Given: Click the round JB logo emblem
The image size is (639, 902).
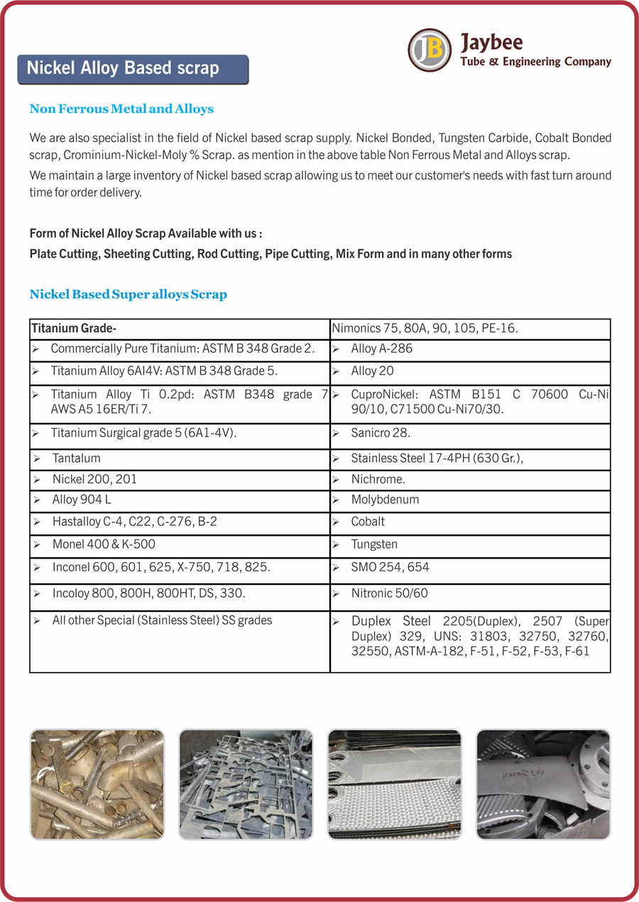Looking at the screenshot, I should click(430, 50).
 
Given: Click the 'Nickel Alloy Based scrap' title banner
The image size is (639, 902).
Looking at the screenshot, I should click(133, 69).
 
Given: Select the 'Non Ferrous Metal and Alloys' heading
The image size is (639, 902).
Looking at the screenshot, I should click(121, 109).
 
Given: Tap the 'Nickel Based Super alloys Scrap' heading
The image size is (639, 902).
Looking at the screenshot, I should click(128, 294).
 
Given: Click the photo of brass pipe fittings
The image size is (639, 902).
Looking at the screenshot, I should click(97, 784).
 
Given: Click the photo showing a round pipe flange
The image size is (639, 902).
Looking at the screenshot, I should click(543, 784).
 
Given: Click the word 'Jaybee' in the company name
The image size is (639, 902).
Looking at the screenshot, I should click(491, 43).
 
